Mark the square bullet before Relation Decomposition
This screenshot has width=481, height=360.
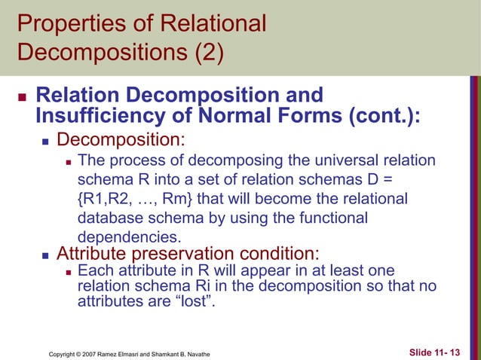20,99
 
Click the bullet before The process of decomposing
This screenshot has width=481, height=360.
67,162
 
